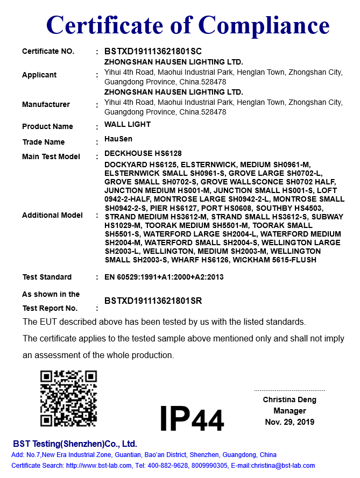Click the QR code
68,398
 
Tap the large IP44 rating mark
192,419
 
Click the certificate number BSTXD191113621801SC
153,52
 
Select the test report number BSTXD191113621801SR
153,301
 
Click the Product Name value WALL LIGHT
128,124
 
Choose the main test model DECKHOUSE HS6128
143,154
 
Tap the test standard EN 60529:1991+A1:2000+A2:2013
164,277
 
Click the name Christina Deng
290,399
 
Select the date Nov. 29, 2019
290,422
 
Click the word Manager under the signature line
290,411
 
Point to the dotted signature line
290,390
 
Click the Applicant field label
39,75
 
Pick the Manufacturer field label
46,105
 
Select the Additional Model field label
52,215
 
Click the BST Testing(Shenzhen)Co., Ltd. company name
75,444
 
